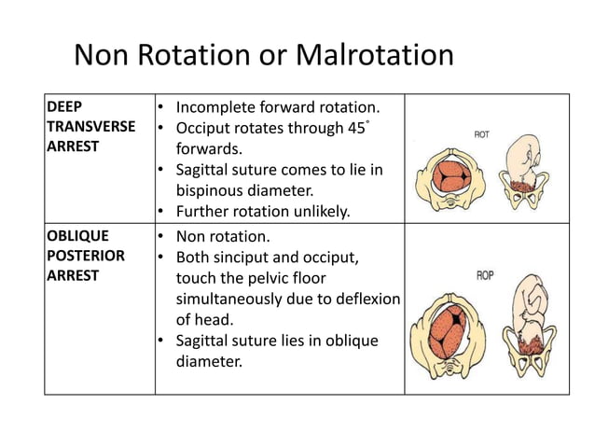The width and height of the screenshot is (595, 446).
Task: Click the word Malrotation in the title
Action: pos(373,57)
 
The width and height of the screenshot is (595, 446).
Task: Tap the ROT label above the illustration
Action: pos(482,134)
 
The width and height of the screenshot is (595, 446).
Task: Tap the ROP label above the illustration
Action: pos(485,275)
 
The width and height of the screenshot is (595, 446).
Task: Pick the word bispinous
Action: pos(218,190)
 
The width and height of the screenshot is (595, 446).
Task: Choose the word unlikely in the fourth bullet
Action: pos(316,212)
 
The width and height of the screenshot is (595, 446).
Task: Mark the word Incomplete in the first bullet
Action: pos(217,107)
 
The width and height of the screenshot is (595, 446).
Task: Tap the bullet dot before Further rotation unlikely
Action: pos(161,212)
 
